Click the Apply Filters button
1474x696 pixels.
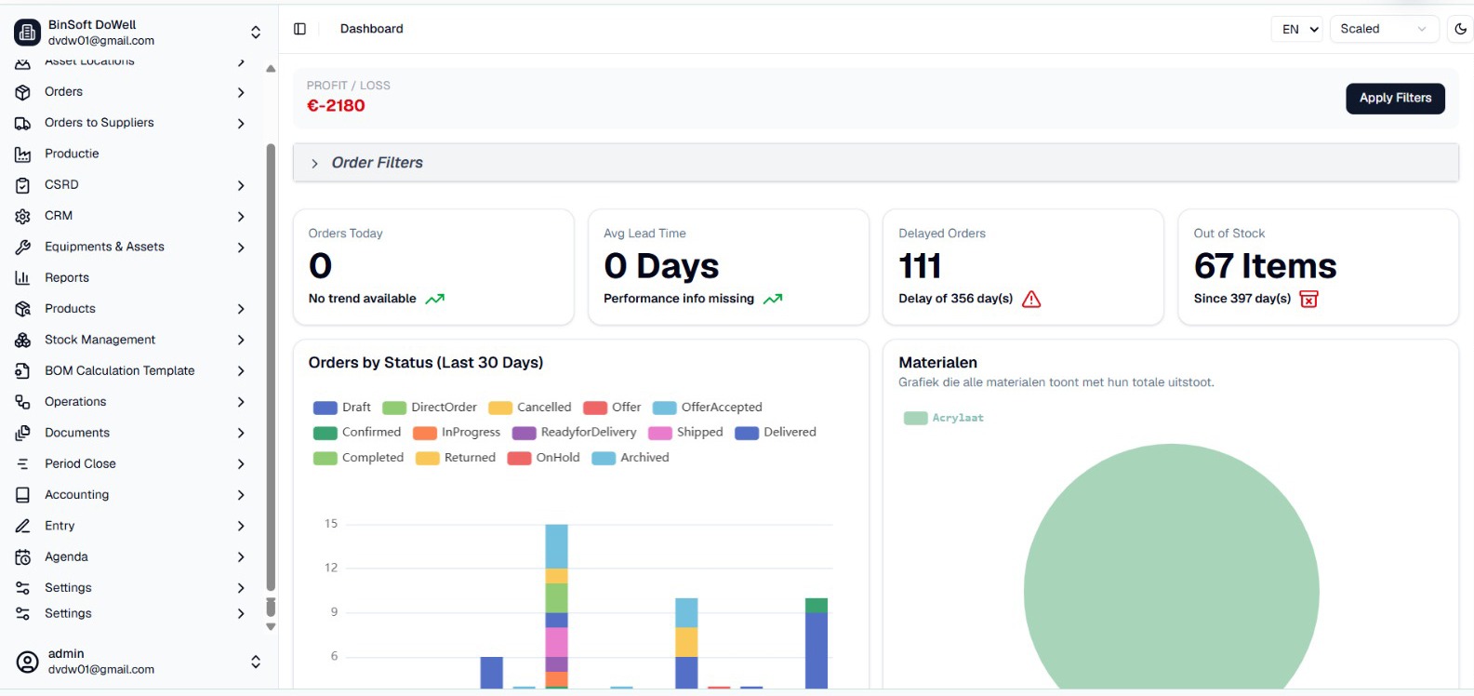1395,98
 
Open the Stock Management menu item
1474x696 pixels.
100,340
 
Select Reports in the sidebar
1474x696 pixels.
66,278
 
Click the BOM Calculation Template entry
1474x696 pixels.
120,370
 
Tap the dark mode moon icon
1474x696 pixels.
1460,29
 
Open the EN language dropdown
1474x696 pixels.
1297,29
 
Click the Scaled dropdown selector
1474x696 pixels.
1384,29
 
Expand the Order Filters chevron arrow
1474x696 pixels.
314,164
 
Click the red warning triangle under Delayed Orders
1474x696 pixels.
1031,299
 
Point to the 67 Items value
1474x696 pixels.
1265,266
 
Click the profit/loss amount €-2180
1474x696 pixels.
336,105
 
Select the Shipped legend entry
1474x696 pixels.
685,433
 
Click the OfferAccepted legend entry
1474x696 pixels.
708,408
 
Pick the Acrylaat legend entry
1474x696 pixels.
944,418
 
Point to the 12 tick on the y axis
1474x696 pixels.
331,568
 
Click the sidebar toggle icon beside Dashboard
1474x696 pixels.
300,29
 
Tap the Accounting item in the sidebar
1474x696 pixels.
76,494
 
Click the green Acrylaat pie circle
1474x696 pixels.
1172,580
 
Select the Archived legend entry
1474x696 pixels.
631,458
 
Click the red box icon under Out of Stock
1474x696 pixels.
1308,299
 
